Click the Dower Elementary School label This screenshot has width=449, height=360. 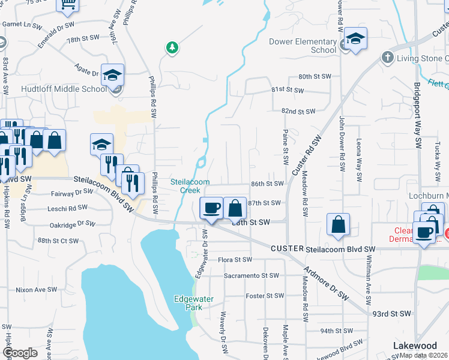pos(303,46)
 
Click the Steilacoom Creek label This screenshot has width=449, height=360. pos(190,186)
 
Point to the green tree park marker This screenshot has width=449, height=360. pos(172,47)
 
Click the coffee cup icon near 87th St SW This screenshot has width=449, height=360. pos(210,208)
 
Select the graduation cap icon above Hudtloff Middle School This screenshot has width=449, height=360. pos(112,75)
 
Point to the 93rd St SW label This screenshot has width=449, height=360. pos(391,313)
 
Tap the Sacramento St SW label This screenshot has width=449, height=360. pos(252,275)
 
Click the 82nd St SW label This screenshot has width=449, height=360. pos(298,112)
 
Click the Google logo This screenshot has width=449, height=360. pos(20,353)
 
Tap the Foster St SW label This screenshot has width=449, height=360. pos(264,296)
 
